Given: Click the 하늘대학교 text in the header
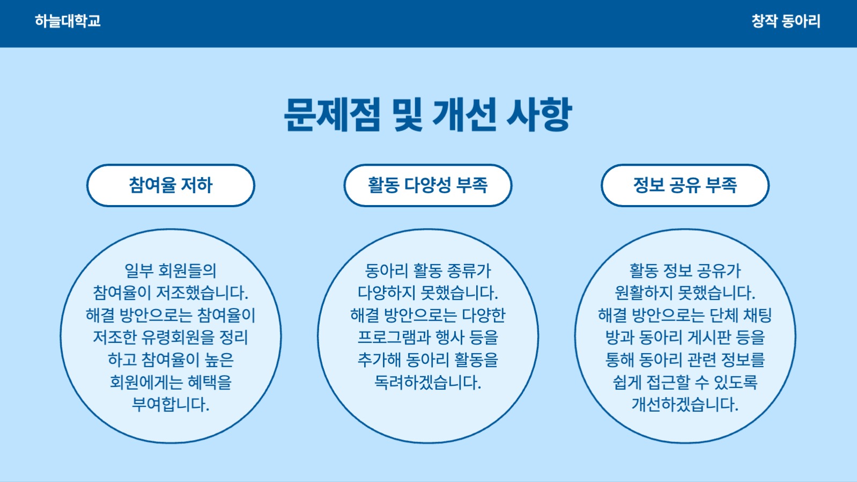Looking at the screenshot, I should click(68, 21).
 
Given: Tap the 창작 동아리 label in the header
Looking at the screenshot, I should click(786, 21).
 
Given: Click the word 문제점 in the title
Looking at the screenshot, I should click(332, 114).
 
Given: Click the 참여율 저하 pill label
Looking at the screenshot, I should click(171, 185).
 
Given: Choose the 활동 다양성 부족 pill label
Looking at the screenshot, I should click(427, 185).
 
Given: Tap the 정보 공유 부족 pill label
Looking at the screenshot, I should click(685, 185).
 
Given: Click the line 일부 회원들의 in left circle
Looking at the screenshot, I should click(171, 271).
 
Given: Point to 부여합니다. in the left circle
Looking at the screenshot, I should click(171, 404).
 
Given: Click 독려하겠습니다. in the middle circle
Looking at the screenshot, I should click(427, 382).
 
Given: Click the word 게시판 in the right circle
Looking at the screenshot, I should click(709, 338).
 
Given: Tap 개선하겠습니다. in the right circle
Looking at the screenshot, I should click(685, 404).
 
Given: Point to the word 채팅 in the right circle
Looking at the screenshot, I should click(757, 315).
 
